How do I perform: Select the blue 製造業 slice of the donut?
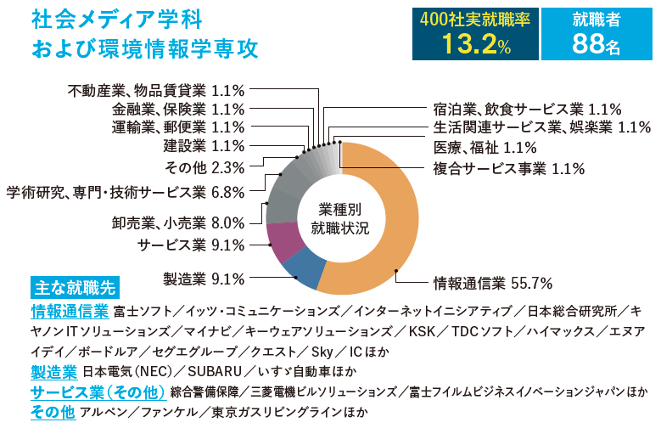(305, 269)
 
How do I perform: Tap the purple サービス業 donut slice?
(281, 241)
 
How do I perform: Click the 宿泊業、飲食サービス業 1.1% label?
(527, 109)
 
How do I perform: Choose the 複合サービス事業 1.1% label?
(508, 168)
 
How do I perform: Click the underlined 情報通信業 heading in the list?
(69, 310)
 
